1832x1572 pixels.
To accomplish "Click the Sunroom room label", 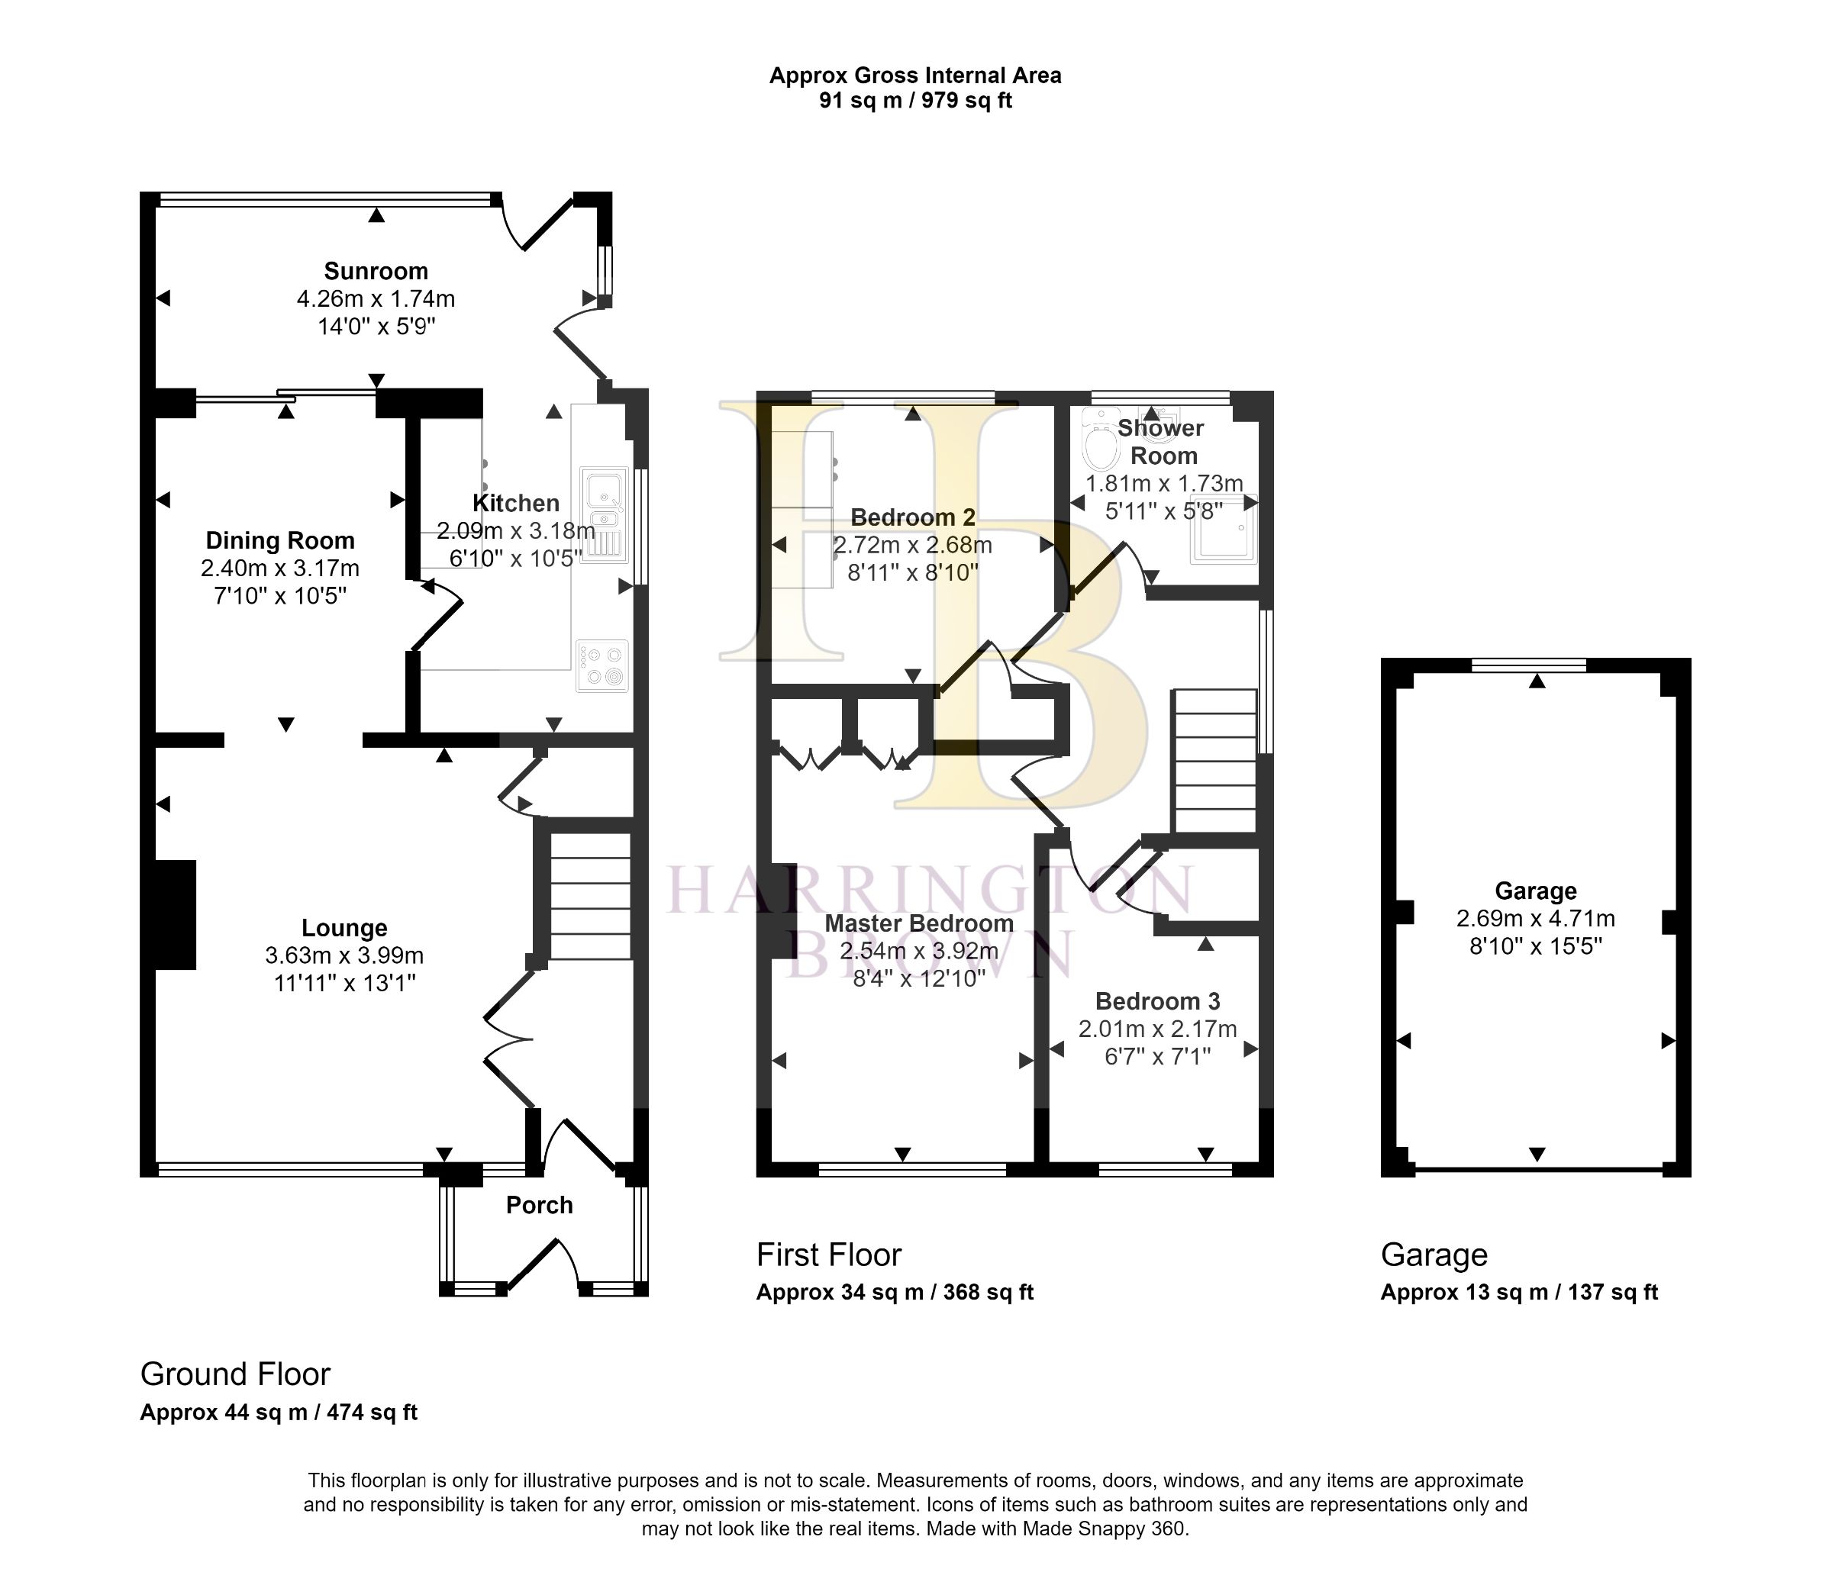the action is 376,271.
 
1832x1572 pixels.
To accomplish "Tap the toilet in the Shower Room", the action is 1100,440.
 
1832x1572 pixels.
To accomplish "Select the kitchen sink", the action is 605,513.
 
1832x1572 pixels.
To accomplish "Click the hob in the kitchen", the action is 602,665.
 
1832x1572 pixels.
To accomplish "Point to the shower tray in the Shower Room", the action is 1224,529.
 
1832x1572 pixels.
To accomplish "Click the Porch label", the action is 540,1205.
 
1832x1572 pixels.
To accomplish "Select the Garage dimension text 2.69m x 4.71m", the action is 1536,919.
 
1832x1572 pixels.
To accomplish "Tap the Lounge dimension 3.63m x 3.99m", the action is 344,955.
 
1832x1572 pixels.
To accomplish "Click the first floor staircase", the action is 1214,762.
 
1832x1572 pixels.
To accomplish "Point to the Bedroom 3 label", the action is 1157,1001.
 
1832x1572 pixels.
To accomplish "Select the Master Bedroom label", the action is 918,923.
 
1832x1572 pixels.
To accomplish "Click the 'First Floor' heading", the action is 828,1255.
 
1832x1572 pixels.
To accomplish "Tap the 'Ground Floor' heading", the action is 235,1374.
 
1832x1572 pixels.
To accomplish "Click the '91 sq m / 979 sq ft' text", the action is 915,100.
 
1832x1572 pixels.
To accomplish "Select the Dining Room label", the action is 280,540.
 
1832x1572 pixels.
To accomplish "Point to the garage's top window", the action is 1529,665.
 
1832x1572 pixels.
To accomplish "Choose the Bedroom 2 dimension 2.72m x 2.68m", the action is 912,546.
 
